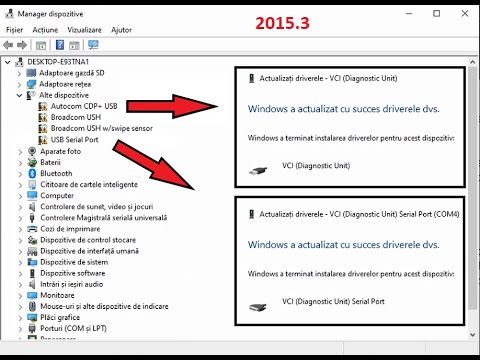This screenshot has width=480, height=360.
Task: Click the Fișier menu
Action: pos(14,30)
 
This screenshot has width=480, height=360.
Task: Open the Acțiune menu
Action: pos(45,30)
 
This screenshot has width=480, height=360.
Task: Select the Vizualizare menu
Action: pos(84,30)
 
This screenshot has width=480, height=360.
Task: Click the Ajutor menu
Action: pos(121,30)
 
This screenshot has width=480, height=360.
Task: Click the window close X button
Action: pos(465,13)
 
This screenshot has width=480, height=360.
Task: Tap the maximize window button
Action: pos(436,13)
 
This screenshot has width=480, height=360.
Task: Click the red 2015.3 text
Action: pos(282,23)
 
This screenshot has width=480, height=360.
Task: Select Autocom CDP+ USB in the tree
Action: pos(84,106)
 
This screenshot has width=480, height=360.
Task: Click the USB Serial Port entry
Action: pos(74,140)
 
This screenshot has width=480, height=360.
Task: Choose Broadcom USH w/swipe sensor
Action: pos(102,128)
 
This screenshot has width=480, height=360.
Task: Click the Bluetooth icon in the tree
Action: pos(32,173)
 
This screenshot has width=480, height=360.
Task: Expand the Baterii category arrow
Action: pos(20,163)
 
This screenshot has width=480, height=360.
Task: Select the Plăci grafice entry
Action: pos(60,317)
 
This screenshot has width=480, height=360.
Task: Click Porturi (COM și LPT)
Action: pos(73,329)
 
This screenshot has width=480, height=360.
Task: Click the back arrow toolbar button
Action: pos(8,45)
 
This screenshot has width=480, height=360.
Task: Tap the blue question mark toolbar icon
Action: pos(60,45)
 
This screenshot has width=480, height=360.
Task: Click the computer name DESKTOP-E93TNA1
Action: pos(58,62)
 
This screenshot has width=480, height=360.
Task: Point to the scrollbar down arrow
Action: pos(472,335)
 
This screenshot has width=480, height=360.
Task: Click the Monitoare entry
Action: pos(57,295)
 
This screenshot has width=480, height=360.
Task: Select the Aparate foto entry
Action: pos(61,151)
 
